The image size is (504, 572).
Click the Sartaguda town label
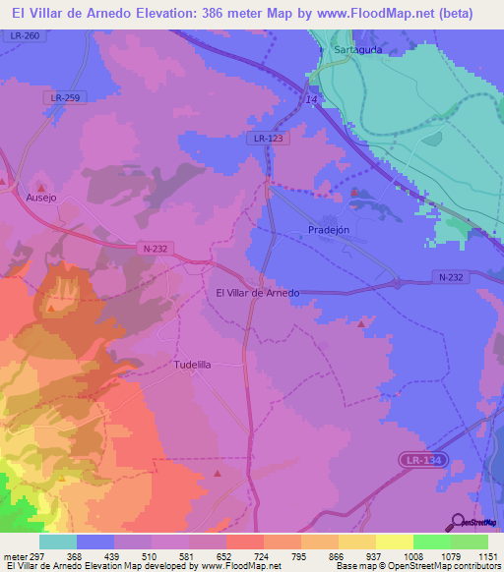pyautogui.click(x=356, y=47)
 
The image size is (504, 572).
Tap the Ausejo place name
pyautogui.click(x=41, y=197)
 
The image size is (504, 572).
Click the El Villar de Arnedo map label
pyautogui.click(x=257, y=293)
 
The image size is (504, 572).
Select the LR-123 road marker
pyautogui.click(x=267, y=140)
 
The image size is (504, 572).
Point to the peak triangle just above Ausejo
pyautogui.click(x=41, y=185)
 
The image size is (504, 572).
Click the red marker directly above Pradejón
pyautogui.click(x=353, y=195)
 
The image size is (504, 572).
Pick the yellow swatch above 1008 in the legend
pyautogui.click(x=394, y=542)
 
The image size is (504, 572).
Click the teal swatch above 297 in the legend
pyautogui.click(x=58, y=542)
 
